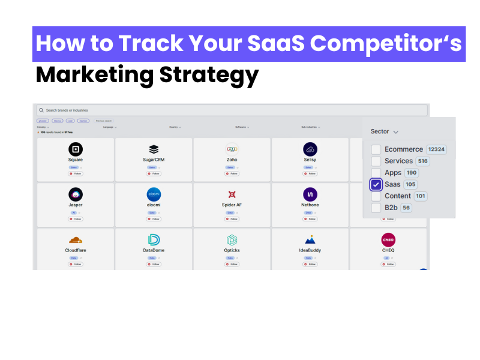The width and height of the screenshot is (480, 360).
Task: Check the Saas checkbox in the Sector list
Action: pyautogui.click(x=376, y=184)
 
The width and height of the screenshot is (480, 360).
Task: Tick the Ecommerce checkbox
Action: pyautogui.click(x=376, y=149)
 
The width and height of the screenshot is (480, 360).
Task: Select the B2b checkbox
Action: pyautogui.click(x=376, y=208)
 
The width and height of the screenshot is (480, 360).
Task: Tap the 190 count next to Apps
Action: pyautogui.click(x=412, y=173)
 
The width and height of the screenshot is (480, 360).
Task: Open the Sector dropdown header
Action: pyautogui.click(x=385, y=131)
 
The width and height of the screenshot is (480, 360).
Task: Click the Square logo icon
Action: pyautogui.click(x=76, y=149)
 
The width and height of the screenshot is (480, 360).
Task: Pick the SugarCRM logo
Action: pyautogui.click(x=154, y=149)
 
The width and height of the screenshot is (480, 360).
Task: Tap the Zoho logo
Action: pyautogui.click(x=232, y=149)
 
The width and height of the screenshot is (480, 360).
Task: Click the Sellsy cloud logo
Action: pyautogui.click(x=310, y=149)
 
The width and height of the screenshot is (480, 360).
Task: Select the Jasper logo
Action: pyautogui.click(x=76, y=194)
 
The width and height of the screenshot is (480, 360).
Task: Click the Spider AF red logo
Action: pyautogui.click(x=232, y=194)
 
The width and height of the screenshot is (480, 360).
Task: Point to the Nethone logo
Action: pyautogui.click(x=310, y=194)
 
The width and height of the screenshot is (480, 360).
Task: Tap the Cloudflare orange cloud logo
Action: pyautogui.click(x=76, y=240)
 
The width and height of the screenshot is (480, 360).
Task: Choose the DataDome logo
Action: pyautogui.click(x=154, y=240)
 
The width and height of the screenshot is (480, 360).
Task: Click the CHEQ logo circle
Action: pyautogui.click(x=388, y=240)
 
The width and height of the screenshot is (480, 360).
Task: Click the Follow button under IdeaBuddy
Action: pyautogui.click(x=310, y=264)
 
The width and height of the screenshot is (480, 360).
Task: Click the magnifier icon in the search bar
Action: pyautogui.click(x=41, y=110)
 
